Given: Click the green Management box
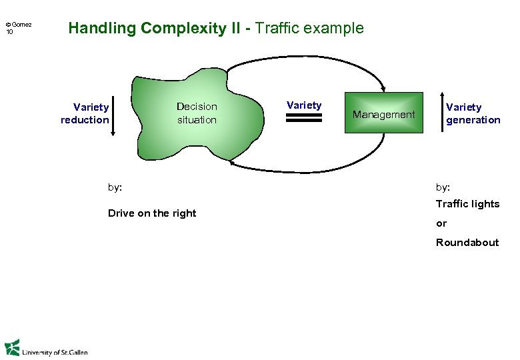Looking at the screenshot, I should tap(383, 113).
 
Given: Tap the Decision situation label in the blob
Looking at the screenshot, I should tap(197, 113).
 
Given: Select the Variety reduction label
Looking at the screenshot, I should tap(85, 113).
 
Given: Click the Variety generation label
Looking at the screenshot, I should tap(473, 113).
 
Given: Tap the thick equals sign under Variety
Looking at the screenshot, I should tap(304, 118).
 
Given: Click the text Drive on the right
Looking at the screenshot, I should tap(152, 213).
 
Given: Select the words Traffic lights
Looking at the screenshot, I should tap(467, 204).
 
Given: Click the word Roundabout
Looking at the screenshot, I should tap(467, 243).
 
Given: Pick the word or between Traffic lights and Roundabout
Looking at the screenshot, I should tap(441, 223).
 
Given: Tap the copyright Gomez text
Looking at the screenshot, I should tap(19, 25).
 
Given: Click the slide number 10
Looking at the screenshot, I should tap(9, 32).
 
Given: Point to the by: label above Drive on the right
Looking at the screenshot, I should tap(115, 187).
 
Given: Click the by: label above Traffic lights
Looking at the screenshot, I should tap(443, 187).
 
